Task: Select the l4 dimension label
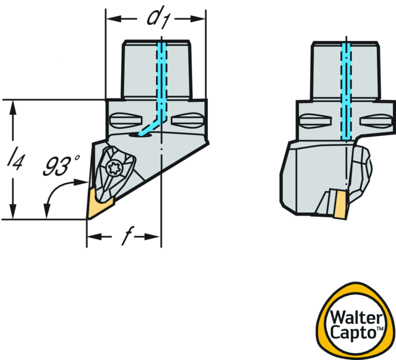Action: click(x=13, y=159)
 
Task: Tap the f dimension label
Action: click(x=123, y=237)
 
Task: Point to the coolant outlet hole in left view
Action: click(x=140, y=134)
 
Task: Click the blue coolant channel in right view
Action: click(x=345, y=93)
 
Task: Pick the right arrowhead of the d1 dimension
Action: click(x=199, y=18)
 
